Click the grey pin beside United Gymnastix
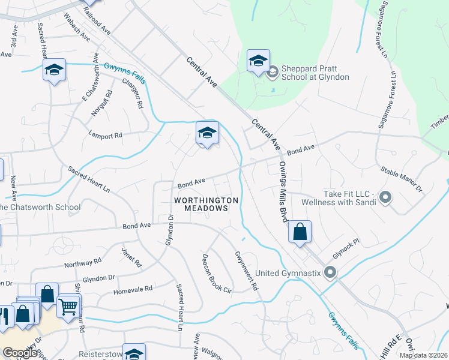(330, 273)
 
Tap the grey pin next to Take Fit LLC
(385, 197)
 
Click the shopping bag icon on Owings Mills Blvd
(300, 232)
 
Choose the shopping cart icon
(68, 307)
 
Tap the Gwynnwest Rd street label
(246, 271)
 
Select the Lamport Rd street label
(105, 135)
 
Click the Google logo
(20, 352)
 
